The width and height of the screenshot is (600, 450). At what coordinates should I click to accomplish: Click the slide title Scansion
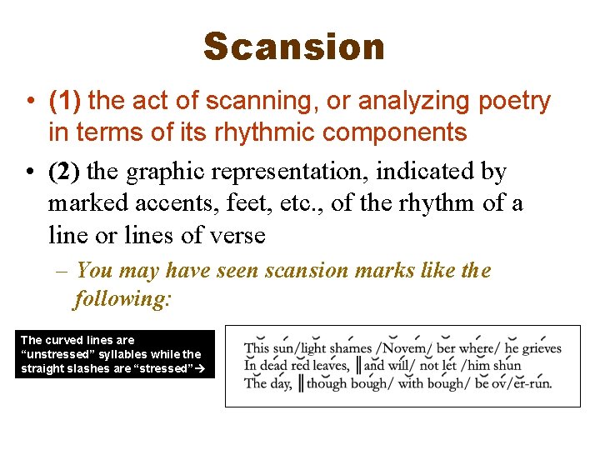pyautogui.click(x=294, y=47)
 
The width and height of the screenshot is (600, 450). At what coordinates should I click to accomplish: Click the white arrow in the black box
pyautogui.click(x=199, y=368)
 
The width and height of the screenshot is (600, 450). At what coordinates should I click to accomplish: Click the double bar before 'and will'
pyautogui.click(x=359, y=365)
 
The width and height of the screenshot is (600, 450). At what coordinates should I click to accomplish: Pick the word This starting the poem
pyautogui.click(x=257, y=348)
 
